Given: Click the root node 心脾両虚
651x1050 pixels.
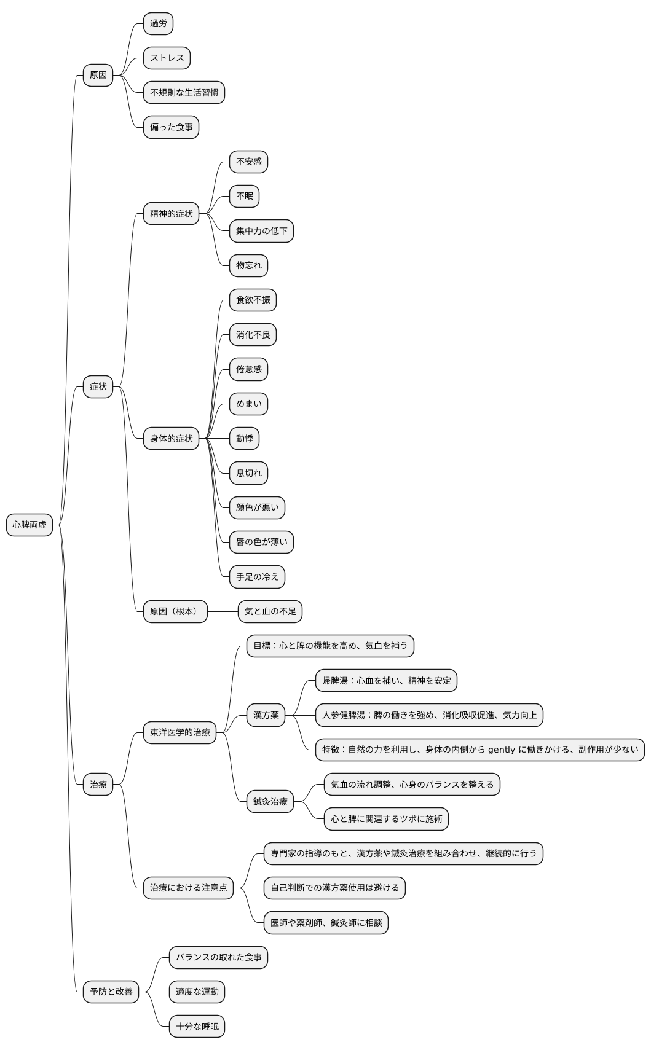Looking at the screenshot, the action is tap(30, 525).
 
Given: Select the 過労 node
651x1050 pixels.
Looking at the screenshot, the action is tap(158, 23).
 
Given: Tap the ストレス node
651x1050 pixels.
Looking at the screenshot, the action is tap(167, 58).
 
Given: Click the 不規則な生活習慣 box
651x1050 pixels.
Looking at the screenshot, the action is tap(184, 92).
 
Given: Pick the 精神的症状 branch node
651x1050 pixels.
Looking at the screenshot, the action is tap(171, 214).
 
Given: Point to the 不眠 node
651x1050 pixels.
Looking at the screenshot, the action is tap(245, 197).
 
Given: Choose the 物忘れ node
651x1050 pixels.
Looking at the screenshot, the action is tap(248, 266).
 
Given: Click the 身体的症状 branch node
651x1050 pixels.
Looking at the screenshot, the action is tap(171, 439).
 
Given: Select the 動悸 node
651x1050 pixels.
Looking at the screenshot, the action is tap(245, 439).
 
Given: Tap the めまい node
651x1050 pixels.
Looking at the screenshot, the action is tap(248, 404).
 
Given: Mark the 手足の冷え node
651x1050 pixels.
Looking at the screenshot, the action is tap(257, 577).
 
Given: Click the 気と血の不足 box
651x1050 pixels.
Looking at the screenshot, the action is tap(270, 612).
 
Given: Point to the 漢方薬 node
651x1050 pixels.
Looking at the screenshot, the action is tap(266, 715).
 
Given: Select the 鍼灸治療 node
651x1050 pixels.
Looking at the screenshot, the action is tap(270, 802).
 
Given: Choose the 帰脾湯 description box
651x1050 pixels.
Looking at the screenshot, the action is tap(386, 681).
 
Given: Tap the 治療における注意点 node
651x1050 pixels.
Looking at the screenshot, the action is tap(188, 888).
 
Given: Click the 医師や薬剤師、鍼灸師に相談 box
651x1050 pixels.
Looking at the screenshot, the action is tap(326, 923).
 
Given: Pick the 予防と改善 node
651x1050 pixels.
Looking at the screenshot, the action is tap(111, 992).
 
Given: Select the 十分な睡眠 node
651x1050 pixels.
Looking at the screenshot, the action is tap(197, 1027).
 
